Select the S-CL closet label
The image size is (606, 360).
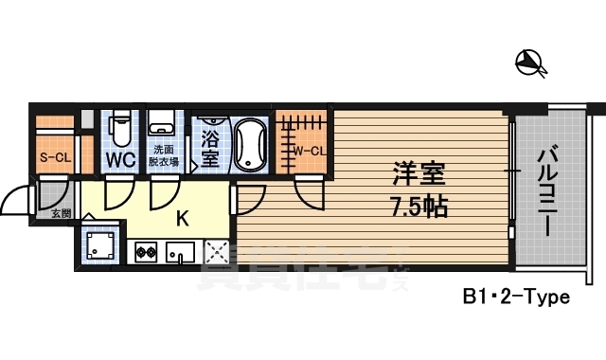tap(54, 157)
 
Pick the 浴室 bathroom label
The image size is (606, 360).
tap(209, 148)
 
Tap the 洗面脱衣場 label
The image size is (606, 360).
tap(163, 155)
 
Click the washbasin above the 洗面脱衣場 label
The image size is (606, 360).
tap(163, 121)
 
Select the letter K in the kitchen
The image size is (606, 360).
tap(183, 218)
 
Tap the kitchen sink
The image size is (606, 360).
tap(179, 252)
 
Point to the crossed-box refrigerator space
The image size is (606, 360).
tap(217, 252)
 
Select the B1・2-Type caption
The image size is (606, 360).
tap(516, 297)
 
